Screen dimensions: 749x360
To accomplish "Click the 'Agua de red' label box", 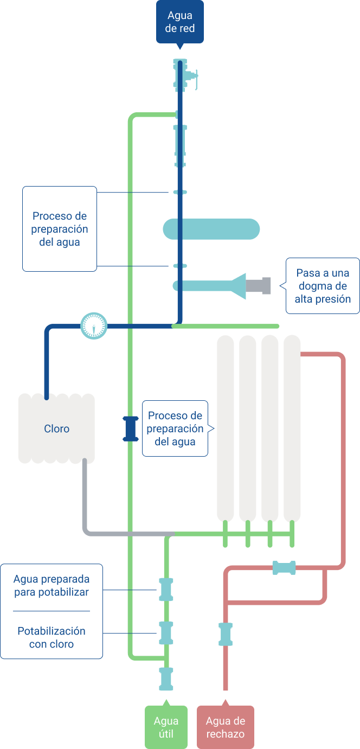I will click(x=180, y=22).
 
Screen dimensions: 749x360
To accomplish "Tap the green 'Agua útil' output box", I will click(x=166, y=727).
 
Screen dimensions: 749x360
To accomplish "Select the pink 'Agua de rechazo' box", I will click(x=225, y=727).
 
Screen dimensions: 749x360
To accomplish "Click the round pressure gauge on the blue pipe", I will click(x=94, y=327).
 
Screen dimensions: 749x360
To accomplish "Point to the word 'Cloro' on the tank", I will click(x=57, y=429).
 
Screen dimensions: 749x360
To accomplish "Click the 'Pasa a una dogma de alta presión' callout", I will click(x=323, y=286).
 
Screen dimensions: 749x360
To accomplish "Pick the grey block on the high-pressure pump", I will click(x=259, y=286).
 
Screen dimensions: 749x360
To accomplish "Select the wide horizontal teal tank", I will click(x=211, y=229).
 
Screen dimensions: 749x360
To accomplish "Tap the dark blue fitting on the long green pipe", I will click(x=130, y=428).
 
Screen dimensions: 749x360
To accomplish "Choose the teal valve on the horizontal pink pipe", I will click(x=284, y=568).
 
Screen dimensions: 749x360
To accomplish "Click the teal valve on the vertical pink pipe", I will click(x=225, y=634).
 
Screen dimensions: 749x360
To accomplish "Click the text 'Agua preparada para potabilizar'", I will click(x=52, y=586).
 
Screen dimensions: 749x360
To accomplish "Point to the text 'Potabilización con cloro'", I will click(x=52, y=638).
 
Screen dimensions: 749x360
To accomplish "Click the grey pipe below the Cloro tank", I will click(x=85, y=504).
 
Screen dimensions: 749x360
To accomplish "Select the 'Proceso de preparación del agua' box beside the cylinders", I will click(x=175, y=428).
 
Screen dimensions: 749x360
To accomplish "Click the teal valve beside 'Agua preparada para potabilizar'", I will click(x=166, y=590).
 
